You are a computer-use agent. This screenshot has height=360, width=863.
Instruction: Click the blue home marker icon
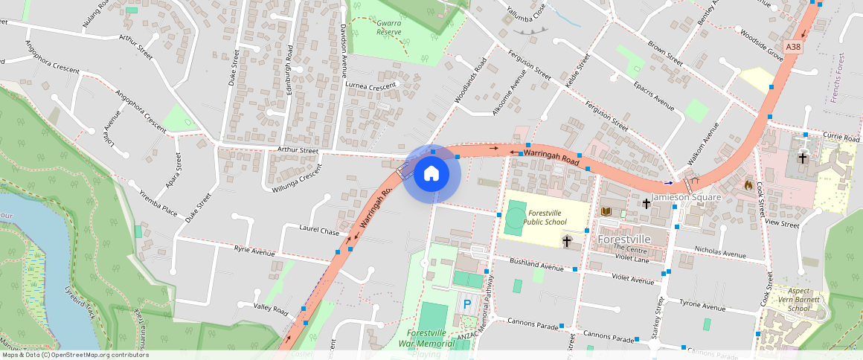(431, 174)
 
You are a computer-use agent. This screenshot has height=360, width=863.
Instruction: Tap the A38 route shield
(794, 47)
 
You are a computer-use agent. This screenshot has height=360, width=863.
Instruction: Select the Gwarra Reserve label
(388, 28)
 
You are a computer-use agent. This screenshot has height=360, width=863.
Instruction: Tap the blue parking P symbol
(468, 303)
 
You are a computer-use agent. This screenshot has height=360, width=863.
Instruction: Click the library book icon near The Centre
(606, 212)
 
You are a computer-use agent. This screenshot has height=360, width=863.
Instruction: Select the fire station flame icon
(748, 184)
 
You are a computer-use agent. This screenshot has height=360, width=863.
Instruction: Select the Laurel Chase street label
(318, 231)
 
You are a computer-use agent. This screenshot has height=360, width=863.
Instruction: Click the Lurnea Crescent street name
(372, 86)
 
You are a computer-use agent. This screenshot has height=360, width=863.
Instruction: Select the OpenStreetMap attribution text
(74, 355)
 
